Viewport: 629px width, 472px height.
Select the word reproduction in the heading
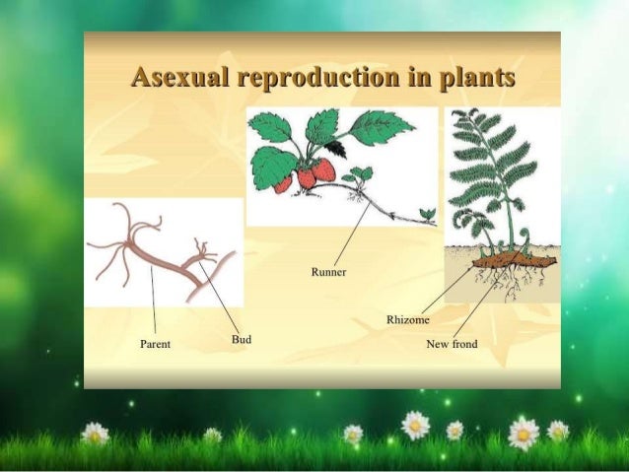[317, 77]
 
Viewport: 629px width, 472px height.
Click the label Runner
[328, 271]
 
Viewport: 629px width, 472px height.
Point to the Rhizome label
[407, 320]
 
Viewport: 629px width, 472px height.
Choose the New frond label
[452, 344]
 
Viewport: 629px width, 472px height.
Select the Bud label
[241, 339]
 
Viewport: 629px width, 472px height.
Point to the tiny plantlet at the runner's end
[427, 213]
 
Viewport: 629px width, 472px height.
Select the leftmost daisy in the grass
[94, 432]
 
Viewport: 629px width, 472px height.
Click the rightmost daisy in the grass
[558, 431]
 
